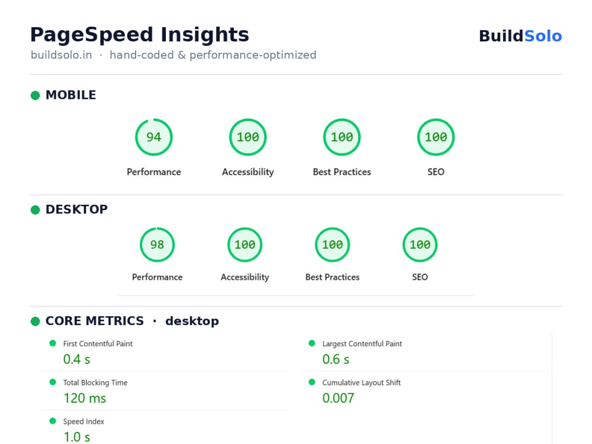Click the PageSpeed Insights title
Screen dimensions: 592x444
[x=140, y=35]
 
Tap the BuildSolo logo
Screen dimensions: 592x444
[x=520, y=36]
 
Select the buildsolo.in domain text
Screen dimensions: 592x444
[x=61, y=55]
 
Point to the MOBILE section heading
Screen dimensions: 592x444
[x=70, y=95]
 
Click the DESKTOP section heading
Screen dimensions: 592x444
[x=76, y=210]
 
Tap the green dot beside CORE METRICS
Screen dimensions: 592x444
[x=35, y=321]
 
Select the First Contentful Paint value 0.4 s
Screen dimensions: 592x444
[x=76, y=359]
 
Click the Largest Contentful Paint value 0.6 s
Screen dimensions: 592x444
[x=336, y=359]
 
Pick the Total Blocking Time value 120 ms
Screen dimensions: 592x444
[x=85, y=398]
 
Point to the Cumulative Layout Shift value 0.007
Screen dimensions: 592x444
[x=338, y=398]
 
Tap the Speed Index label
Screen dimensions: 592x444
[x=83, y=422]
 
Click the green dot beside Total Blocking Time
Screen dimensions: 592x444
[x=53, y=382]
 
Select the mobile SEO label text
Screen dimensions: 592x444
[x=436, y=172]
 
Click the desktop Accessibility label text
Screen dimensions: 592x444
[x=244, y=277]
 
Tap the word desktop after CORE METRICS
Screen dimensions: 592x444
[x=192, y=321]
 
